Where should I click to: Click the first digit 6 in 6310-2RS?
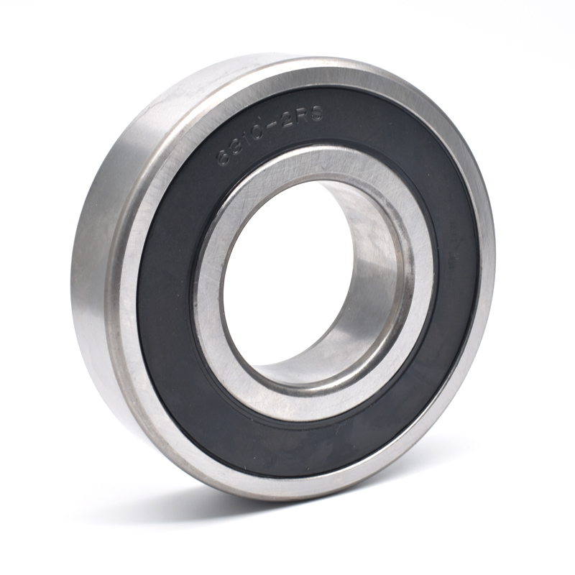224,157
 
